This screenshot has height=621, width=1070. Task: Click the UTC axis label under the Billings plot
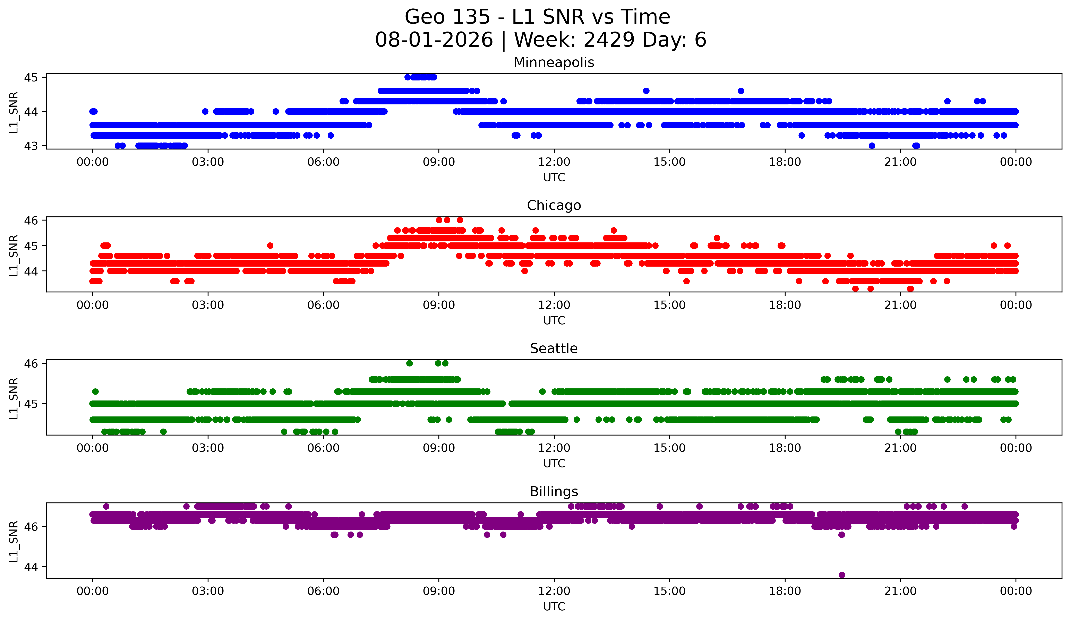(x=554, y=607)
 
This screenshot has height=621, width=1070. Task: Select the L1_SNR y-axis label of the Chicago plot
(x=14, y=256)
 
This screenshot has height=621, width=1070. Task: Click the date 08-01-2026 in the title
(x=434, y=40)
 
